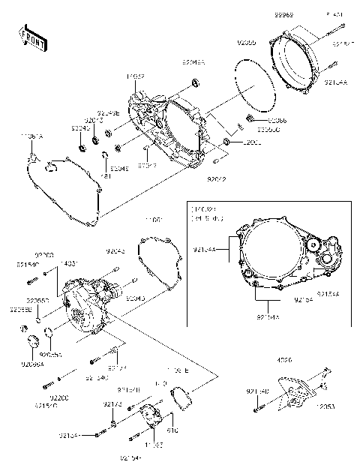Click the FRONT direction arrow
(x=31, y=37)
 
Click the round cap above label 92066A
(x=33, y=343)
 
